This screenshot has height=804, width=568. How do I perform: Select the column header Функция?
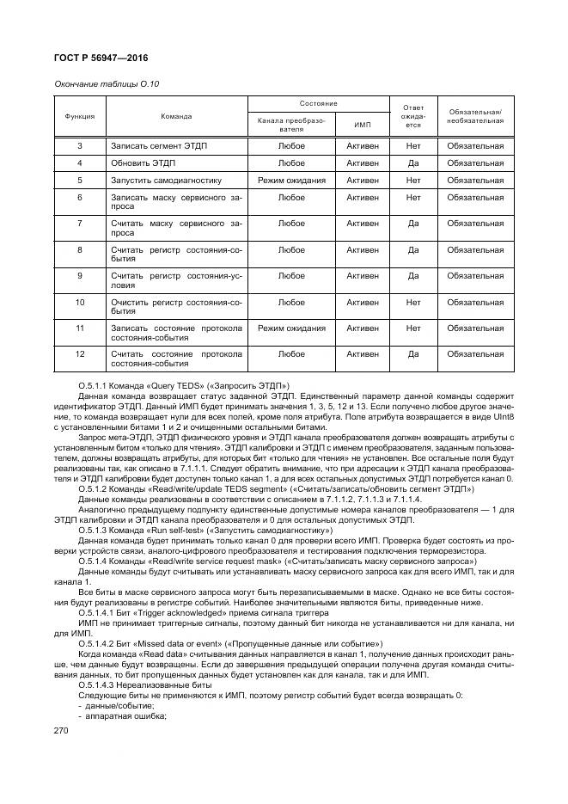click(79, 115)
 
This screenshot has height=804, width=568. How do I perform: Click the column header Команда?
click(176, 115)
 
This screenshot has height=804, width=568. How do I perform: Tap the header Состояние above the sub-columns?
click(318, 103)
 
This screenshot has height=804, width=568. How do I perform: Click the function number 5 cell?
click(79, 181)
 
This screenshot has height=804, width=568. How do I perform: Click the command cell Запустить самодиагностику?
click(166, 181)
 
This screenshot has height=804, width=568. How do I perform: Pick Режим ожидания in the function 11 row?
click(291, 328)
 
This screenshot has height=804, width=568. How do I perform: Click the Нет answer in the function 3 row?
click(412, 145)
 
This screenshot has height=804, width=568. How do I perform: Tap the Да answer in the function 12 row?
click(412, 353)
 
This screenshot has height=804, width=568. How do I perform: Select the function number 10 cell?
click(79, 302)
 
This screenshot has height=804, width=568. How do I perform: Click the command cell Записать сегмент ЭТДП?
click(159, 145)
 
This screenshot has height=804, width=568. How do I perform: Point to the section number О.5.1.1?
click(95, 384)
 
